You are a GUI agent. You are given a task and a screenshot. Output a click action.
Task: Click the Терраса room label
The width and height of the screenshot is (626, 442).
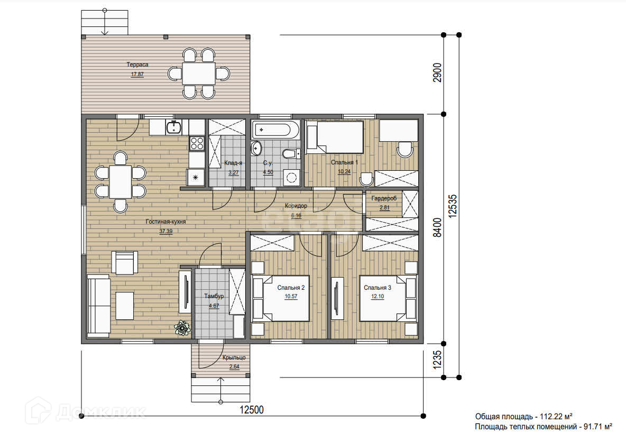click(x=137, y=65)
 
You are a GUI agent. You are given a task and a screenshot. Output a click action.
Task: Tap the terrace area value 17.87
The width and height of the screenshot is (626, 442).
click(x=137, y=74)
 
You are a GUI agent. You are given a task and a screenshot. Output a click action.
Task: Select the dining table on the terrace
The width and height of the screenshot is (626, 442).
click(x=199, y=73)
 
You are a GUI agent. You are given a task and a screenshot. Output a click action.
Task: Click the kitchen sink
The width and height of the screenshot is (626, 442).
click(x=174, y=127)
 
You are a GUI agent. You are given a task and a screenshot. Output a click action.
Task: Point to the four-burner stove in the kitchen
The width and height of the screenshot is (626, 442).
click(x=197, y=143)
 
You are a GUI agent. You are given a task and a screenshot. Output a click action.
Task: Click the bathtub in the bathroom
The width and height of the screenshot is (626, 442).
click(x=276, y=130)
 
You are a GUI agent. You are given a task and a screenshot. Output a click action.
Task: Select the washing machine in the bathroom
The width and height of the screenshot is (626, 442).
click(x=292, y=177)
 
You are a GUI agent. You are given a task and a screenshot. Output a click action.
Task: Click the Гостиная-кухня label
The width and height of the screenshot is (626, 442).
click(x=165, y=222)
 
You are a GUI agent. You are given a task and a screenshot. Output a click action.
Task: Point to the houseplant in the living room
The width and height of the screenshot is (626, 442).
click(x=182, y=328)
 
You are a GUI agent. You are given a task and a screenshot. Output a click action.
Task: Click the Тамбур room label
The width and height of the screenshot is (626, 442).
click(x=214, y=296)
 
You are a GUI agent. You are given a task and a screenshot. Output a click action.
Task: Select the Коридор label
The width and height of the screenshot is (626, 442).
click(x=296, y=206)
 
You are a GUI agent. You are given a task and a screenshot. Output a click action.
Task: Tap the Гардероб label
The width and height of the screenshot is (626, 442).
click(x=384, y=198)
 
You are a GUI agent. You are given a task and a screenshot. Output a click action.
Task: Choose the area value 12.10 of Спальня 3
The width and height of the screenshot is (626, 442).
click(x=378, y=297)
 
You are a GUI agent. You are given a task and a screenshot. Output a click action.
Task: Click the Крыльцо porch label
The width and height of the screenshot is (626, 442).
click(x=234, y=358)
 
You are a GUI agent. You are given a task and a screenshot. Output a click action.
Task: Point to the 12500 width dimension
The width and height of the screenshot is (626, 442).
click(x=252, y=410)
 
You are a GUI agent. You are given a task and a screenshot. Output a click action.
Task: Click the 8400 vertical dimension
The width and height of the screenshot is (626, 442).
click(x=438, y=227)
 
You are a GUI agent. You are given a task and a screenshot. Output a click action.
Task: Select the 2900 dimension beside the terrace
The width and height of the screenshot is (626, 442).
click(x=438, y=72)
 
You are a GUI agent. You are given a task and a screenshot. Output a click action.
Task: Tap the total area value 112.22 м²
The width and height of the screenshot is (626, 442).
click(x=554, y=417)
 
